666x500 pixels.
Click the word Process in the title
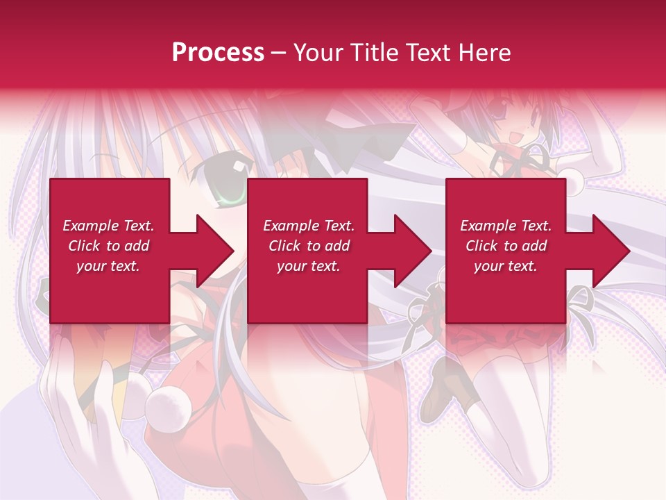218,53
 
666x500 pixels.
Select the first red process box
110,251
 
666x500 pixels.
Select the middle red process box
307,251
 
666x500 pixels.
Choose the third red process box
505,251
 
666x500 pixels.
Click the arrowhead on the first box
212,251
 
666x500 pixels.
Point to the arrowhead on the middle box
409,251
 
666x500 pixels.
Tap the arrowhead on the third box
607,251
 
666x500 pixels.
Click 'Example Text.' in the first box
108,226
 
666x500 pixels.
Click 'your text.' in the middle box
308,266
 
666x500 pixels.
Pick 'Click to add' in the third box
506,246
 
